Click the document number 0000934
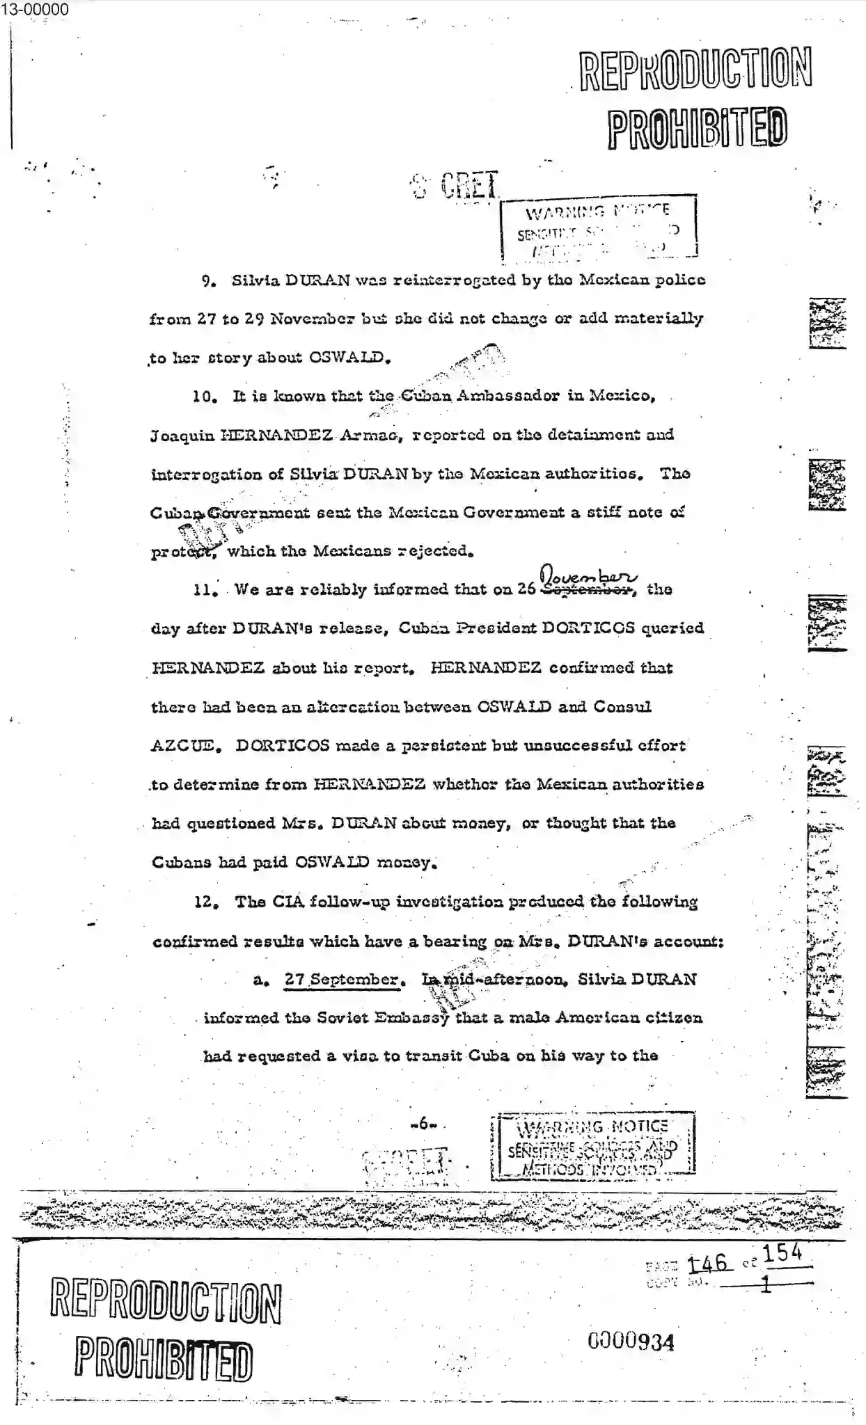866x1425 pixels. (631, 1341)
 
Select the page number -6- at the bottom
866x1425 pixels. (423, 1123)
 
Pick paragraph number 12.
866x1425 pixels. (207, 902)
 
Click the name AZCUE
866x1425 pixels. (186, 746)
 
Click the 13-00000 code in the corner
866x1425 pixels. (35, 9)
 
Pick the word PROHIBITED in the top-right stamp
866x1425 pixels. (698, 128)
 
